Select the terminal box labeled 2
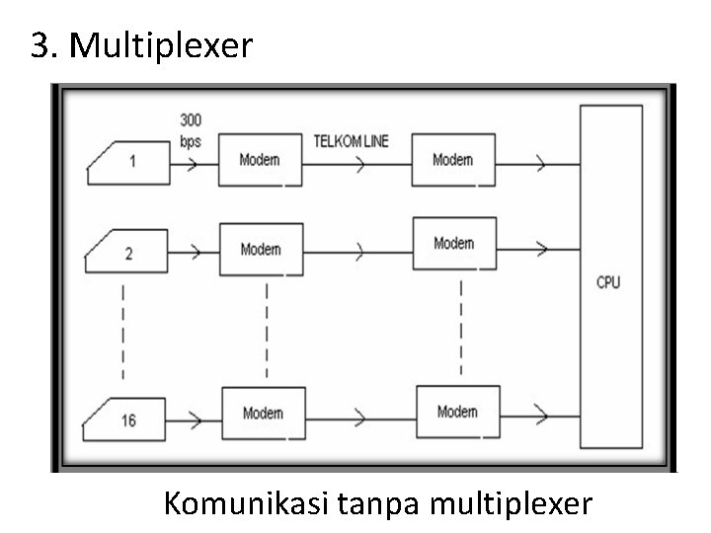[x=126, y=253]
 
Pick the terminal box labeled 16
[x=126, y=419]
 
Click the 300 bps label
[x=191, y=130]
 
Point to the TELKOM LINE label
[x=351, y=141]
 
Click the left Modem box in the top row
[x=261, y=160]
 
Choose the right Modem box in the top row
[x=453, y=160]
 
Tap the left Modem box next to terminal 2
[x=261, y=250]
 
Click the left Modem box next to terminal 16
[x=263, y=414]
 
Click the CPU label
[x=609, y=282]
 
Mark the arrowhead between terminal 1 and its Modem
[x=194, y=161]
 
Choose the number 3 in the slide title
[x=40, y=45]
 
